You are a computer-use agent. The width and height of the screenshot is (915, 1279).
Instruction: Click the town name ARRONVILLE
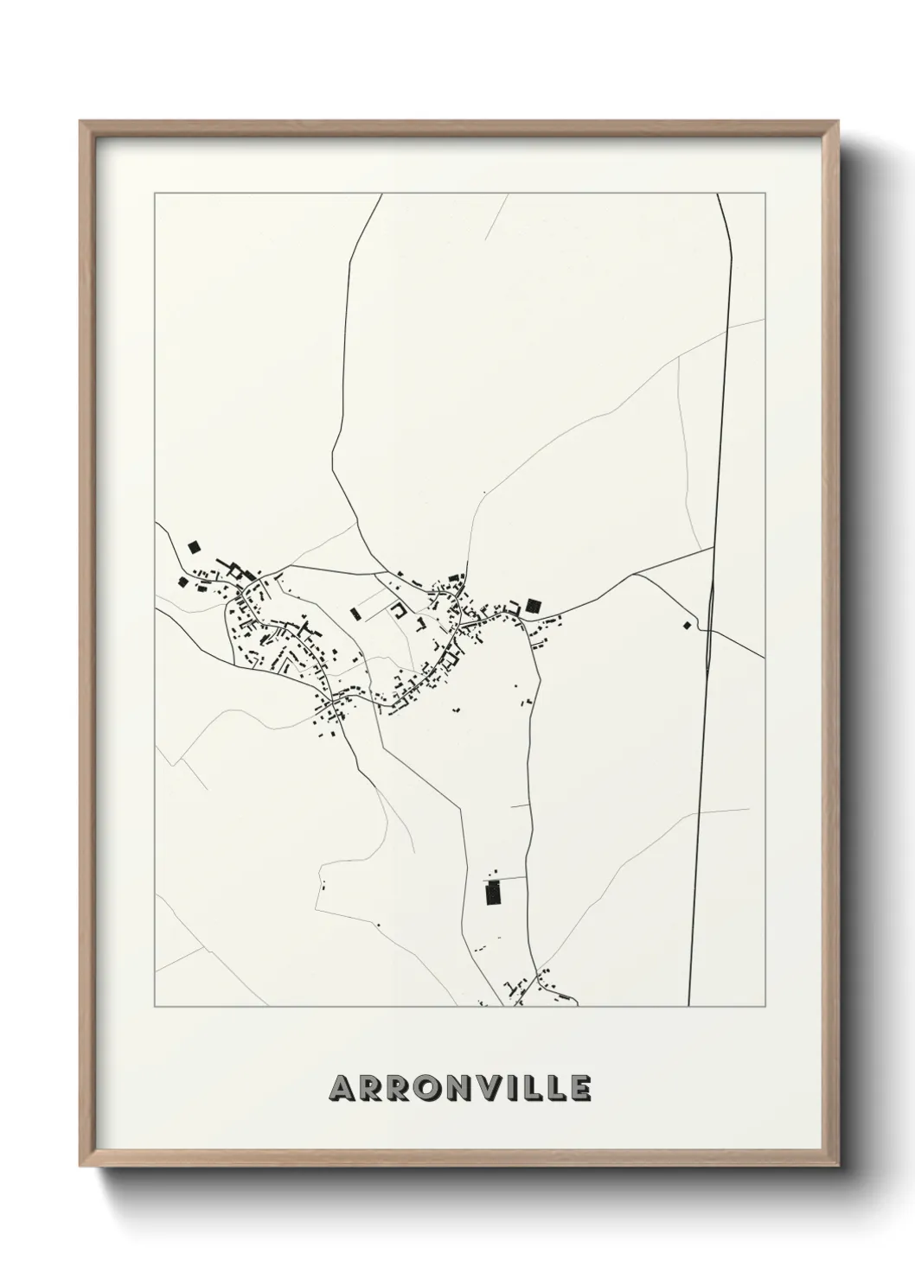click(x=459, y=1088)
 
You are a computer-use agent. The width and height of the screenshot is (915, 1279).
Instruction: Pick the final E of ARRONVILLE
click(x=580, y=1088)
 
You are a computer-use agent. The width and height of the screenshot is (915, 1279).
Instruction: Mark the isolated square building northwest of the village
click(x=193, y=546)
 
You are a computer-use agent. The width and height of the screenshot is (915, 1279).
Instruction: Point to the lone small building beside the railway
click(x=688, y=625)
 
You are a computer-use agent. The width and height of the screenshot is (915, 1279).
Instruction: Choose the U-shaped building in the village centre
click(x=399, y=611)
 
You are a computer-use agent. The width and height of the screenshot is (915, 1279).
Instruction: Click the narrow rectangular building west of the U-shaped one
click(x=355, y=614)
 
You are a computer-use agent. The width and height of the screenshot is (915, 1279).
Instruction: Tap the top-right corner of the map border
click(x=765, y=193)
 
